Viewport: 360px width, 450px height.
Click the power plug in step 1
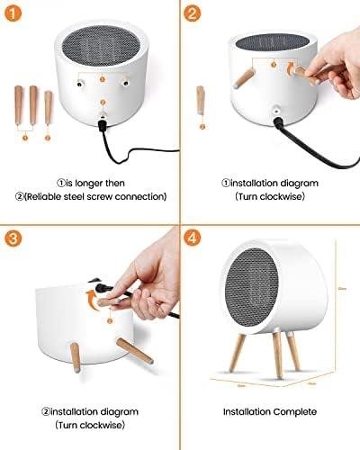(x=103, y=127)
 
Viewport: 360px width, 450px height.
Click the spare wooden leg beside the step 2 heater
(x=201, y=100)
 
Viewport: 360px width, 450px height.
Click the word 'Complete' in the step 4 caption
(x=293, y=412)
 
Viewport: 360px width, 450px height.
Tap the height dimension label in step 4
(x=341, y=301)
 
